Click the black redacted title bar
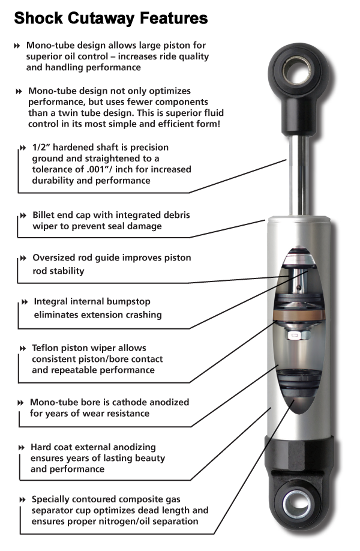click(x=111, y=19)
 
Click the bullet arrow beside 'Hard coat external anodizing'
click(x=22, y=448)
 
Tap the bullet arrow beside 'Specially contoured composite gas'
click(x=23, y=499)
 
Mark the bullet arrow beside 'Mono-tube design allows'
click(x=16, y=46)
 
